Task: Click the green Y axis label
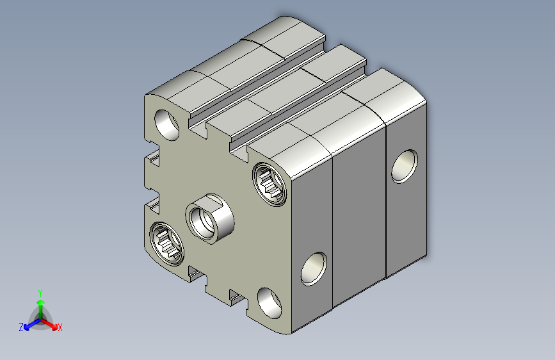[x=40, y=293]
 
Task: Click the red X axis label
[x=60, y=327]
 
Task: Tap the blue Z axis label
[x=21, y=327]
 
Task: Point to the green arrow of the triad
[x=41, y=309]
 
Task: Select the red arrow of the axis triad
[x=49, y=323]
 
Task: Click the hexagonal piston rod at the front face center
[x=209, y=218]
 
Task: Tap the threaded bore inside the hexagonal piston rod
[x=202, y=223]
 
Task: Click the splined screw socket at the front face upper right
[x=270, y=184]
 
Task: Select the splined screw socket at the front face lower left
[x=166, y=244]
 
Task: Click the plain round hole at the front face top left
[x=167, y=125]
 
